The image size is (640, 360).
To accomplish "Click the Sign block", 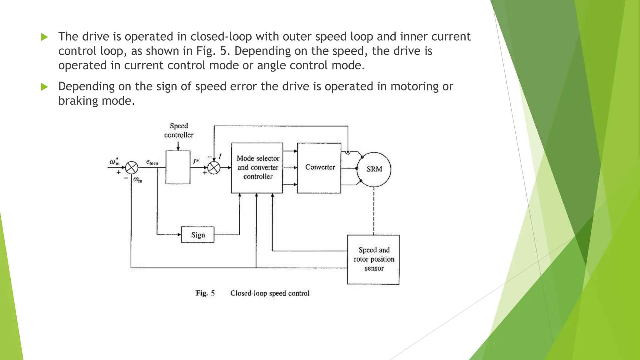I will tap(197, 235).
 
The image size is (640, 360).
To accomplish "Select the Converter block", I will tap(319, 168).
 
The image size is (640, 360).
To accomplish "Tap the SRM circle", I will tap(374, 169).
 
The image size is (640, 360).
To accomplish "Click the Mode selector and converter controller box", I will tap(257, 168).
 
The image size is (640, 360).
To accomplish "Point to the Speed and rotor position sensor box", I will tap(373, 259).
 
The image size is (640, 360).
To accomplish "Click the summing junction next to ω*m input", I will tap(132, 168).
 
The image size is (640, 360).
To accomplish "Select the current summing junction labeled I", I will tap(214, 168).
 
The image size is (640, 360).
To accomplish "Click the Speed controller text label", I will tap(179, 131).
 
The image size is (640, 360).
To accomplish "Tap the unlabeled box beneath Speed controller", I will tap(178, 167).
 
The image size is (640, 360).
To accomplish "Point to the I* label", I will tap(196, 162).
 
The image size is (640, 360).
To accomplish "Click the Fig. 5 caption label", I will tap(205, 293).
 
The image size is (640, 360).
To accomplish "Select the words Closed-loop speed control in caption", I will tap(270, 293).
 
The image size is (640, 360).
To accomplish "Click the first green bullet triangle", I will tap(44, 37).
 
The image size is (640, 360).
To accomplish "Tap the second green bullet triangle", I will tap(44, 87).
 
